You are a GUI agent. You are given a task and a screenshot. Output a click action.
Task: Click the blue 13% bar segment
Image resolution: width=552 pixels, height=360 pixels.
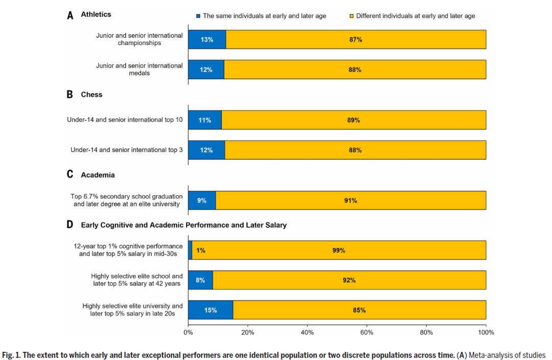point(207,39)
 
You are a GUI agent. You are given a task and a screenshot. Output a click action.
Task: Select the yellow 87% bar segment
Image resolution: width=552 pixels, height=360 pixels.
point(356,39)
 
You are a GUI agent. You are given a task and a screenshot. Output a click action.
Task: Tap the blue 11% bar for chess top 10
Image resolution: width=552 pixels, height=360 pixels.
point(205,120)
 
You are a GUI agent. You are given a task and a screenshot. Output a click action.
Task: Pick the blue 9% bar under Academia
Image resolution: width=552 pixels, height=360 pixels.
point(202,200)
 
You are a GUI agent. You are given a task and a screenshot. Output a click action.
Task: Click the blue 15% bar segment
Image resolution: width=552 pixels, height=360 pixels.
point(211,310)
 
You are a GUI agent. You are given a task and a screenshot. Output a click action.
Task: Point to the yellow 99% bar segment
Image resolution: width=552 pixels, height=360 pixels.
point(339,251)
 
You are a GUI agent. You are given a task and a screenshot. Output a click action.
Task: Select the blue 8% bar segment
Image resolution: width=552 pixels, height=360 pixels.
point(200,280)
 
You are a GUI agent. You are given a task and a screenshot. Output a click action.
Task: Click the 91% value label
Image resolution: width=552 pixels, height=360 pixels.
point(351,200)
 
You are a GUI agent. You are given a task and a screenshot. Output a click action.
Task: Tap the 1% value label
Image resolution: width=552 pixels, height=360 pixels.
point(200,251)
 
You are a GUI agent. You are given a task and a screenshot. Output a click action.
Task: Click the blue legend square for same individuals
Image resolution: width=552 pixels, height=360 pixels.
point(198,16)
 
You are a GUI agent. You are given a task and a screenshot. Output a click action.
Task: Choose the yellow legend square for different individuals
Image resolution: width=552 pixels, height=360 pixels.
point(352,16)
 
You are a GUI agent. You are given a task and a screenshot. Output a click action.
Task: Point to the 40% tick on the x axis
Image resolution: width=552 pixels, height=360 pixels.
point(307,332)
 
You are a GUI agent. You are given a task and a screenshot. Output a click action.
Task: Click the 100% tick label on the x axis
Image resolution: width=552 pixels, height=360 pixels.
point(486,332)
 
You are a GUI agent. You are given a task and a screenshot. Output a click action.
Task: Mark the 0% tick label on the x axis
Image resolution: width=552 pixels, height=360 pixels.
point(188,332)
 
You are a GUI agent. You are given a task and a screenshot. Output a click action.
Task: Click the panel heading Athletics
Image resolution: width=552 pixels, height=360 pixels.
point(96,14)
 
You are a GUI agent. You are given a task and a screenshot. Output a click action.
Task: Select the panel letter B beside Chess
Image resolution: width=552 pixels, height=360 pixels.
point(70,95)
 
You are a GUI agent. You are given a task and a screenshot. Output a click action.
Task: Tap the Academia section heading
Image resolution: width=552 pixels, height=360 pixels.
point(98,175)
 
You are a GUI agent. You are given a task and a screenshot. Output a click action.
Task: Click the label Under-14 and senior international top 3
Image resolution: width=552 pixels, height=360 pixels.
point(126,150)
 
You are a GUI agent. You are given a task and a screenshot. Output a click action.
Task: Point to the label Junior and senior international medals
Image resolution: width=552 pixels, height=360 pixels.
point(140,69)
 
